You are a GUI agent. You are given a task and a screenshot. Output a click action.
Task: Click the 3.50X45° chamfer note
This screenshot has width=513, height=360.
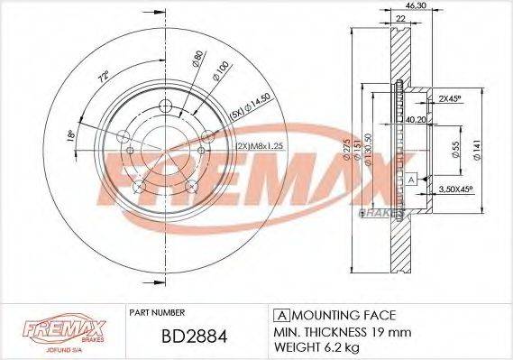click(x=457, y=190)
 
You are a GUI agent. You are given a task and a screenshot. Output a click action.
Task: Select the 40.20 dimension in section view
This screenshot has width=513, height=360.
click(x=415, y=118)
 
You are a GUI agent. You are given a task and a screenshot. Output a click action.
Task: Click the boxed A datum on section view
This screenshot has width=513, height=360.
click(x=410, y=180)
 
